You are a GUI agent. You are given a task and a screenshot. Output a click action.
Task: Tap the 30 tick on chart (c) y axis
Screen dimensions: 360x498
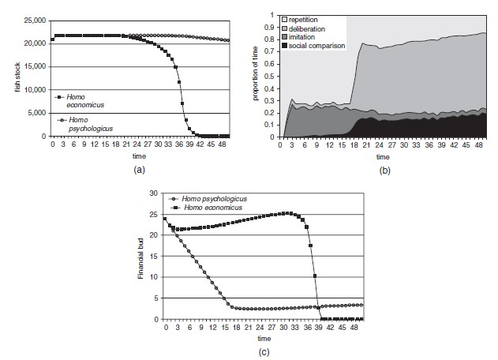(154, 193)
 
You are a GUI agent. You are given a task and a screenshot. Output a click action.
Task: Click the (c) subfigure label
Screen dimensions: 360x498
(264, 352)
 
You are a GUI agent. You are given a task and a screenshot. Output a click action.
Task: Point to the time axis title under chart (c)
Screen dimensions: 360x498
(264, 338)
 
